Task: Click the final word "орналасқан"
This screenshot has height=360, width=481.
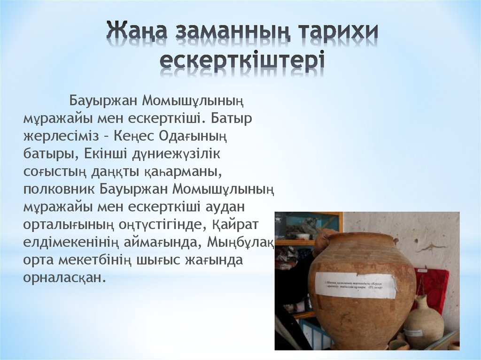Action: click(x=62, y=277)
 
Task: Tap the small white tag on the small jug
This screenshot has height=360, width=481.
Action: click(x=414, y=332)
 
